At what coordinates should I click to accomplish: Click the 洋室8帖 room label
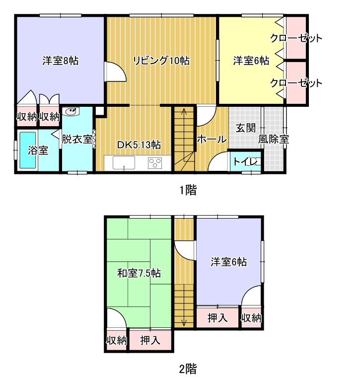click(61, 61)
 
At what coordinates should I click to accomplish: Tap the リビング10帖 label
click(161, 61)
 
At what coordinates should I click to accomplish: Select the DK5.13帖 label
click(139, 145)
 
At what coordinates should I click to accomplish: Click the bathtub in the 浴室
click(28, 150)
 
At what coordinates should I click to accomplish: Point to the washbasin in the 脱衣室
click(71, 111)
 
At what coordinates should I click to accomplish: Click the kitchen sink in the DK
click(124, 162)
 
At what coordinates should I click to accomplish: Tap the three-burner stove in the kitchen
click(155, 163)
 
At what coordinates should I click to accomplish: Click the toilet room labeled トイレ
click(245, 161)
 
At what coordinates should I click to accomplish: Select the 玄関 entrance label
click(246, 128)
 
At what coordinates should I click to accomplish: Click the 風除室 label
click(274, 140)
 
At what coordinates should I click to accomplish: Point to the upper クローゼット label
click(296, 38)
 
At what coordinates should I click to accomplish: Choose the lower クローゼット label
click(296, 83)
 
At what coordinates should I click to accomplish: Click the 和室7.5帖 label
click(139, 273)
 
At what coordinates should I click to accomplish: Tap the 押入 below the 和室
click(150, 340)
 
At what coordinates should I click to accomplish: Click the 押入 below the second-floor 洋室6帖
click(217, 318)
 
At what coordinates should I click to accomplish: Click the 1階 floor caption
click(188, 190)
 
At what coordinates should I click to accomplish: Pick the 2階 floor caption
click(188, 369)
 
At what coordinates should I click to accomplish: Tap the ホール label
click(212, 140)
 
